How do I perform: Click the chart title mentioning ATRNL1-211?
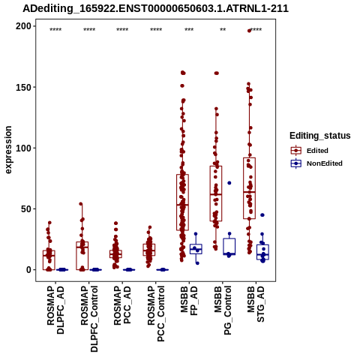[x=155, y=8]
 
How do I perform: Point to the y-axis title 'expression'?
[x=8, y=150]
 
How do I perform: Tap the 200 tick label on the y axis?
[x=23, y=26]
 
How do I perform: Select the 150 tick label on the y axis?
[x=23, y=87]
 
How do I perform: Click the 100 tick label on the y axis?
[x=23, y=148]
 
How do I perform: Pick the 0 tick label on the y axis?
[x=28, y=270]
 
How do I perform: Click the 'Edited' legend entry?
[x=317, y=151]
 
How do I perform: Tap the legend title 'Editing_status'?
[x=319, y=136]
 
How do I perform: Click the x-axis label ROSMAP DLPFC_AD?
[x=55, y=310]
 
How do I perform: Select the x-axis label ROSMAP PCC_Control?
[x=156, y=314]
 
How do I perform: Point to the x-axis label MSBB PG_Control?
[x=223, y=310]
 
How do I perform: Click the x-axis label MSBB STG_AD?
[x=256, y=304]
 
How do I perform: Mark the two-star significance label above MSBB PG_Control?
[x=223, y=30]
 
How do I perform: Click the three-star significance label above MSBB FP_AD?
[x=189, y=30]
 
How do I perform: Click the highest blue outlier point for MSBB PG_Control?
[x=229, y=183]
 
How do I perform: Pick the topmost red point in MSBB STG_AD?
[x=249, y=31]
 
